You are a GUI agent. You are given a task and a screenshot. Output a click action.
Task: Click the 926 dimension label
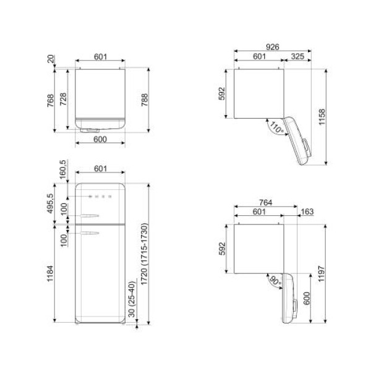click(x=272, y=47)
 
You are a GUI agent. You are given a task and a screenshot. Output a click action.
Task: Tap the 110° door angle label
click(x=275, y=129)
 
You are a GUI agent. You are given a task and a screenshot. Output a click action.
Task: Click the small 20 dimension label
click(x=51, y=60)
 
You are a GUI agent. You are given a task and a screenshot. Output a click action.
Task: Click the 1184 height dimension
click(x=51, y=272)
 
